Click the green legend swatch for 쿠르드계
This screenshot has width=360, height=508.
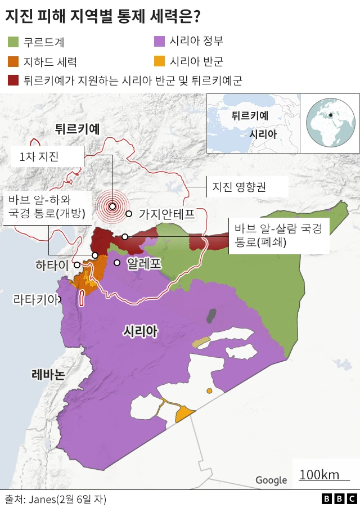click(13, 42)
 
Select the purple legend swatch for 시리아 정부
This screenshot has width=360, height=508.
click(159, 41)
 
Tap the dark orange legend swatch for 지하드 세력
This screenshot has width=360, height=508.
click(13, 61)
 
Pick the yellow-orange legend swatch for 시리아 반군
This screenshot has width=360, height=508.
click(159, 61)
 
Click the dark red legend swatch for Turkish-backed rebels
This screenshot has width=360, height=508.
click(13, 80)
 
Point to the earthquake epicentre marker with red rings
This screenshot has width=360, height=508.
click(112, 206)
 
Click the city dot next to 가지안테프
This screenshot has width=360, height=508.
click(129, 214)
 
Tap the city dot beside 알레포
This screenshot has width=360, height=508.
click(117, 263)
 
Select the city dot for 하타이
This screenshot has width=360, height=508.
click(76, 264)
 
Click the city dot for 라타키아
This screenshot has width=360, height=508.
click(61, 300)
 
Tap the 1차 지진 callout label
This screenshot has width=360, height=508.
click(39, 157)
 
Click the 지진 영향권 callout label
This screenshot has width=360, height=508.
click(238, 186)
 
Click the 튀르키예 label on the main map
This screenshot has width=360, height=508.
click(77, 129)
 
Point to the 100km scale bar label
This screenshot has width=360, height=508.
click(319, 475)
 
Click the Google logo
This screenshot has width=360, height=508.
click(271, 480)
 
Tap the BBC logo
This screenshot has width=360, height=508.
click(339, 499)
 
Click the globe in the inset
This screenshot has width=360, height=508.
click(330, 123)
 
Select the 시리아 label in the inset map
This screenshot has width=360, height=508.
click(263, 134)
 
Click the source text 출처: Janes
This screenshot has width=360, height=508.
click(55, 499)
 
